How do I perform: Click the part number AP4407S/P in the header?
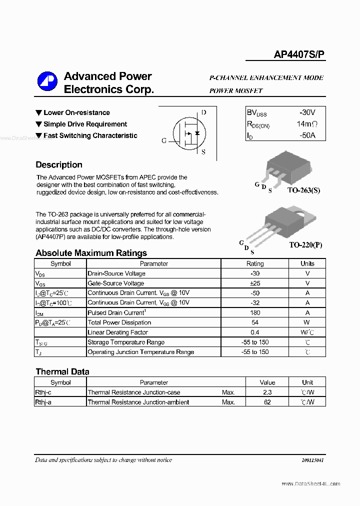(x=299, y=55)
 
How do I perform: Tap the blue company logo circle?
(x=47, y=82)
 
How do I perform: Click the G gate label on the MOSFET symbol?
(x=164, y=141)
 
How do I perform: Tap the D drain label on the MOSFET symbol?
(x=203, y=112)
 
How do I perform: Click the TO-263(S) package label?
(x=303, y=190)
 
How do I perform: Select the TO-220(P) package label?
(x=305, y=245)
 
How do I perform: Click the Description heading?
(x=59, y=165)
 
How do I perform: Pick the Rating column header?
(x=255, y=263)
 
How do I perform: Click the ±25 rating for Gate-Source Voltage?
(x=255, y=283)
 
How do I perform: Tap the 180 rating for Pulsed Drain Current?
(x=255, y=312)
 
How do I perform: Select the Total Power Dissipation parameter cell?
(x=119, y=322)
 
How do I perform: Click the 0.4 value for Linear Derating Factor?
(x=255, y=332)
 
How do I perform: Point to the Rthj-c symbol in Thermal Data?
(x=46, y=392)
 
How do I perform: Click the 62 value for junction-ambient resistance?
(x=267, y=402)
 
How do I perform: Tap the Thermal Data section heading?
(x=62, y=371)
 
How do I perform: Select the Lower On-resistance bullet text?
(x=76, y=113)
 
